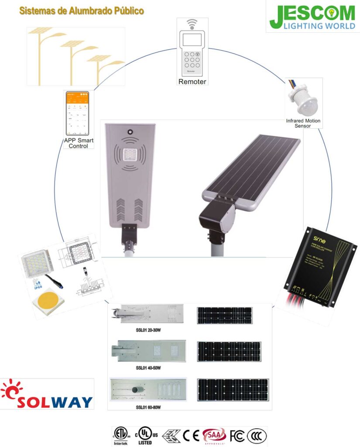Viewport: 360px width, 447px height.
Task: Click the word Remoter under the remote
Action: click(192, 82)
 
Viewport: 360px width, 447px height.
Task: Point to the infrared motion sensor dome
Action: click(304, 99)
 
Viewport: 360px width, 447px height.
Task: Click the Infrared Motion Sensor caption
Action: click(303, 123)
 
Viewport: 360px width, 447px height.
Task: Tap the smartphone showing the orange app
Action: click(77, 113)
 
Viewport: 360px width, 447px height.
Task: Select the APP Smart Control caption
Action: click(79, 143)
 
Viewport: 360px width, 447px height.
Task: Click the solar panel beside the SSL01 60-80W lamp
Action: click(233, 390)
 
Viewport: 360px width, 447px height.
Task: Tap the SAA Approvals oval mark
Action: click(214, 436)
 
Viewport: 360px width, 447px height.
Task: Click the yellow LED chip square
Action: click(48, 302)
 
